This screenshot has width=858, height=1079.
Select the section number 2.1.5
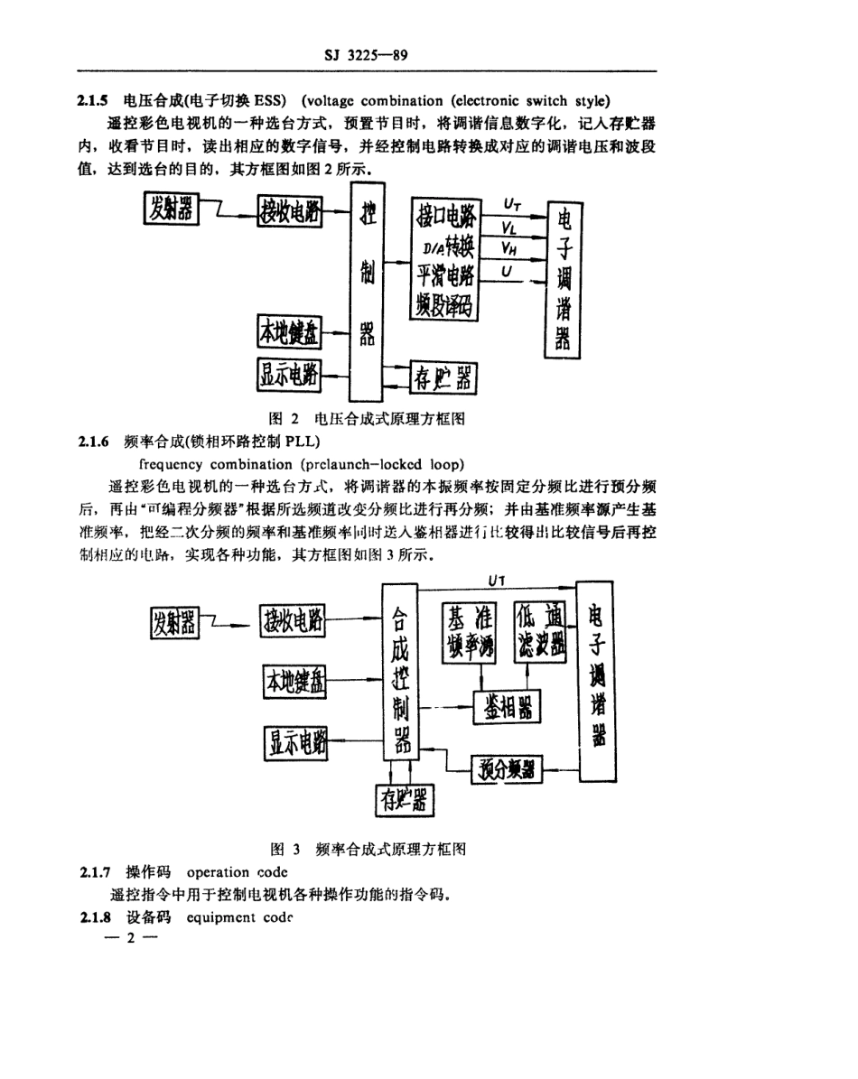click(94, 100)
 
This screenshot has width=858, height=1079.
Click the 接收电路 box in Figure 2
click(290, 212)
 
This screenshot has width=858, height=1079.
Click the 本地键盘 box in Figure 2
click(290, 334)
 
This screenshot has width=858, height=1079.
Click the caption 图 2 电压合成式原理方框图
click(368, 419)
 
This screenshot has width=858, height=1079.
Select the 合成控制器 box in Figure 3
click(398, 671)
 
